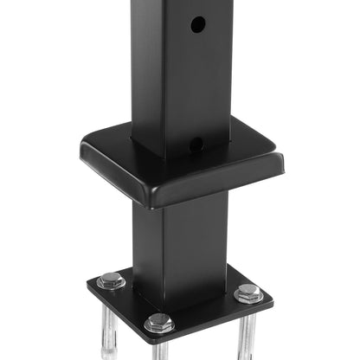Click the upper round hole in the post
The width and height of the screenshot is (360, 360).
click(198, 25)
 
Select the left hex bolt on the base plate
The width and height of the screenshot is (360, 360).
click(111, 281)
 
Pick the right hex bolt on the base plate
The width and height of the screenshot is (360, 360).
click(248, 293)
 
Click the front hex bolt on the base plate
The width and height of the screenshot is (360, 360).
click(159, 324)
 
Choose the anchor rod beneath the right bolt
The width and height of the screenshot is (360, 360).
click(247, 333)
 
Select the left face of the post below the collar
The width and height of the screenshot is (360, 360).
click(147, 242)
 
